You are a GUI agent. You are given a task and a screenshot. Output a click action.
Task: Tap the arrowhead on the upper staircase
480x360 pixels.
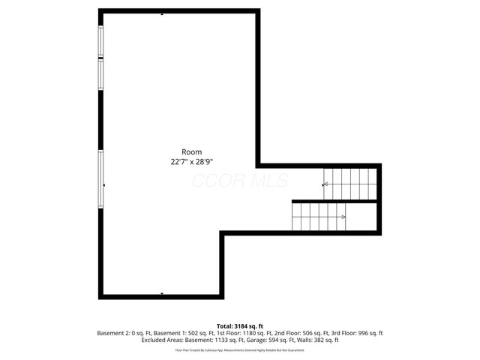325,184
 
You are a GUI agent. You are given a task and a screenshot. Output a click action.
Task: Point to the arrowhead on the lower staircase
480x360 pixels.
343,217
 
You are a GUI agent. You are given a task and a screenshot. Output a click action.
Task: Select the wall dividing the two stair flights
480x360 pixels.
333,201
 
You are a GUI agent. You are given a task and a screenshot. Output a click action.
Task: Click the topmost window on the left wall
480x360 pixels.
100,41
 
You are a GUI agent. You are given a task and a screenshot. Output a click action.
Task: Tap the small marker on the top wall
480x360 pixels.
162,13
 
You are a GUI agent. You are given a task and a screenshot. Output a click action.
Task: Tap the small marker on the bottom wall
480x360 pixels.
162,293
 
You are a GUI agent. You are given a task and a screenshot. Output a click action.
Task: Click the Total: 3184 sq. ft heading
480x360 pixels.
239,325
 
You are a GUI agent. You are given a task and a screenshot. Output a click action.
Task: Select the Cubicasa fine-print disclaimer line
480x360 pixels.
239,350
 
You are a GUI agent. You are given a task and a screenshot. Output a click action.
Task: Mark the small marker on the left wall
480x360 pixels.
104,184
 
